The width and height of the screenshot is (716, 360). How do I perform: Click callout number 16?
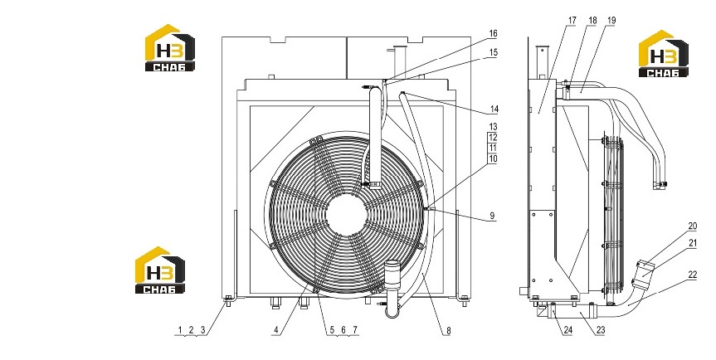pos(493,34)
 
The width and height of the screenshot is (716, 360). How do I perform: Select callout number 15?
pos(493,52)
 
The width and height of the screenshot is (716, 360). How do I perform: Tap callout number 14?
pos(494,109)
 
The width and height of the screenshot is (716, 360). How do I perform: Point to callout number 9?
pos(492,216)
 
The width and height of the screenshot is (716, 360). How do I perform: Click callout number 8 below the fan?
pos(448,331)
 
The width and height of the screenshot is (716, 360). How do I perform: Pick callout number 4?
pos(275,330)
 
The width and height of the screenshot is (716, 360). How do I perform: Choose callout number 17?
pos(572,21)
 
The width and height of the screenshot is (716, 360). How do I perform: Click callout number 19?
pos(612,21)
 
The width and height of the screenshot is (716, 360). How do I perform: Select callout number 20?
pos(693,226)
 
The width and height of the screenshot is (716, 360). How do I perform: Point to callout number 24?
pos(567,330)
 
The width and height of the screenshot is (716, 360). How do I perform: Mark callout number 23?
pos(601,330)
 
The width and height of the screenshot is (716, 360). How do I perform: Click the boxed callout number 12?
pos(493,138)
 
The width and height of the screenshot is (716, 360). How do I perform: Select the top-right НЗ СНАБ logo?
pos(663,53)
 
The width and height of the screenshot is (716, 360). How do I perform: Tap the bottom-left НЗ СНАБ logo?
pos(160,270)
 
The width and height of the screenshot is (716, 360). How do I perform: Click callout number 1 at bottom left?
pos(180,330)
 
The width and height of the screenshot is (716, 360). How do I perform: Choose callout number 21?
pos(693,243)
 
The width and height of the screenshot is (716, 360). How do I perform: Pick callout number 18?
pos(592,21)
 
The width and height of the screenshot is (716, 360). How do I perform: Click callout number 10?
pos(493,158)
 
